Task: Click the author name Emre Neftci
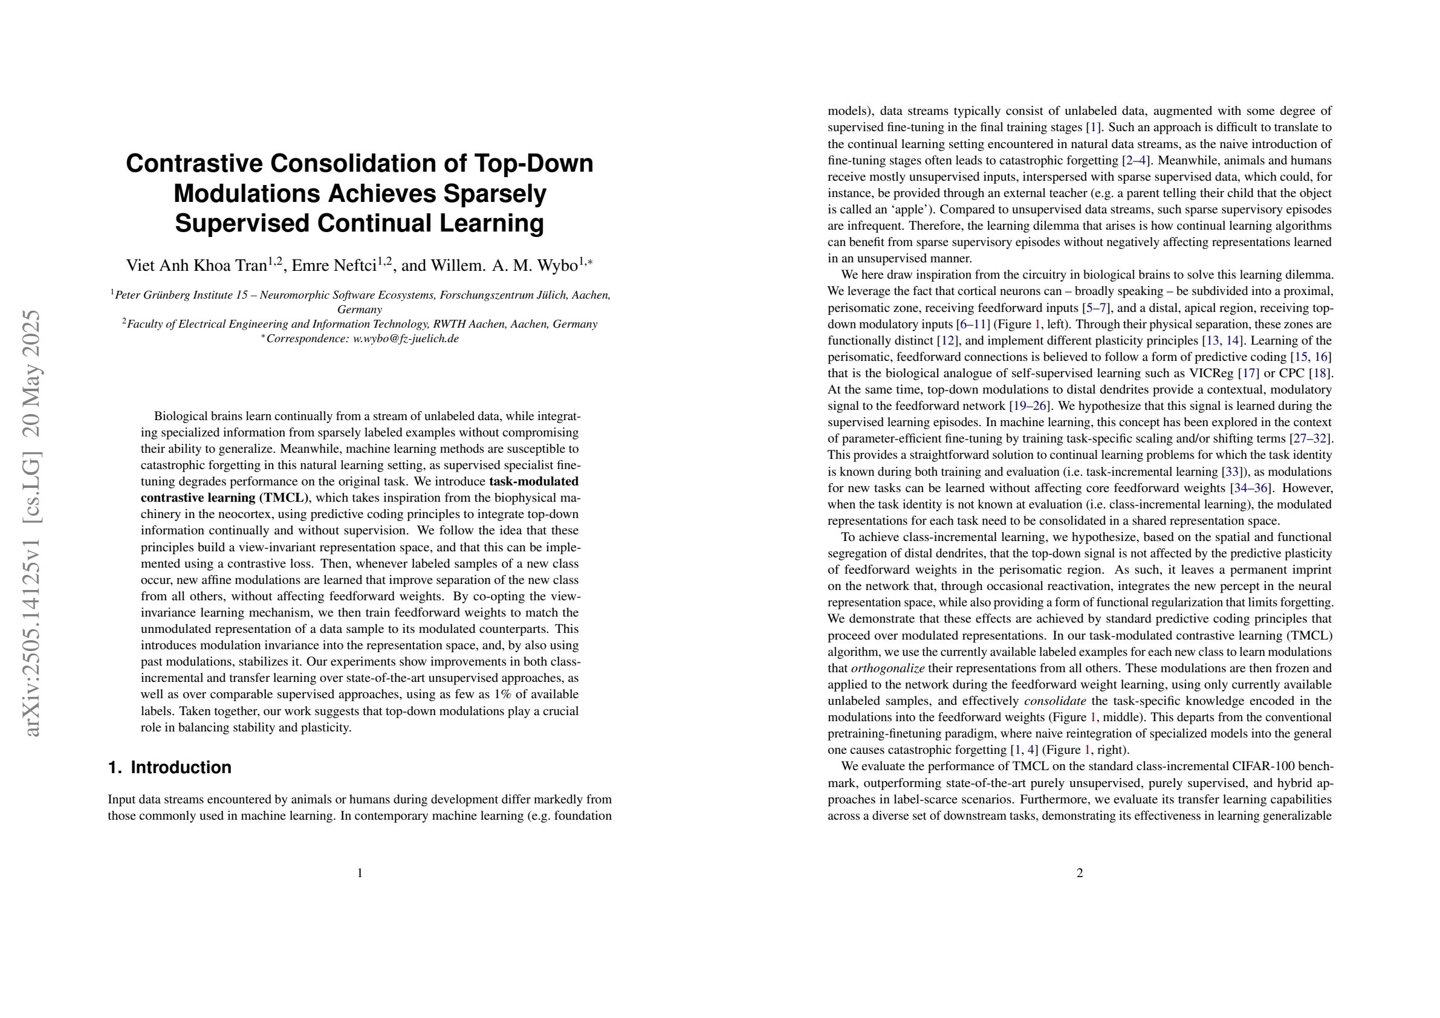[x=334, y=266]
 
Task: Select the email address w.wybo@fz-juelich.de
[x=406, y=339]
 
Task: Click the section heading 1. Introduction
[x=169, y=768]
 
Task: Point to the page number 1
[x=359, y=873]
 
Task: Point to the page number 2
[x=1079, y=873]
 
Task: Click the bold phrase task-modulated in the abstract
[x=533, y=482]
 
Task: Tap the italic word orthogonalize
[x=887, y=668]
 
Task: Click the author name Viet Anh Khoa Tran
[x=197, y=266]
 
